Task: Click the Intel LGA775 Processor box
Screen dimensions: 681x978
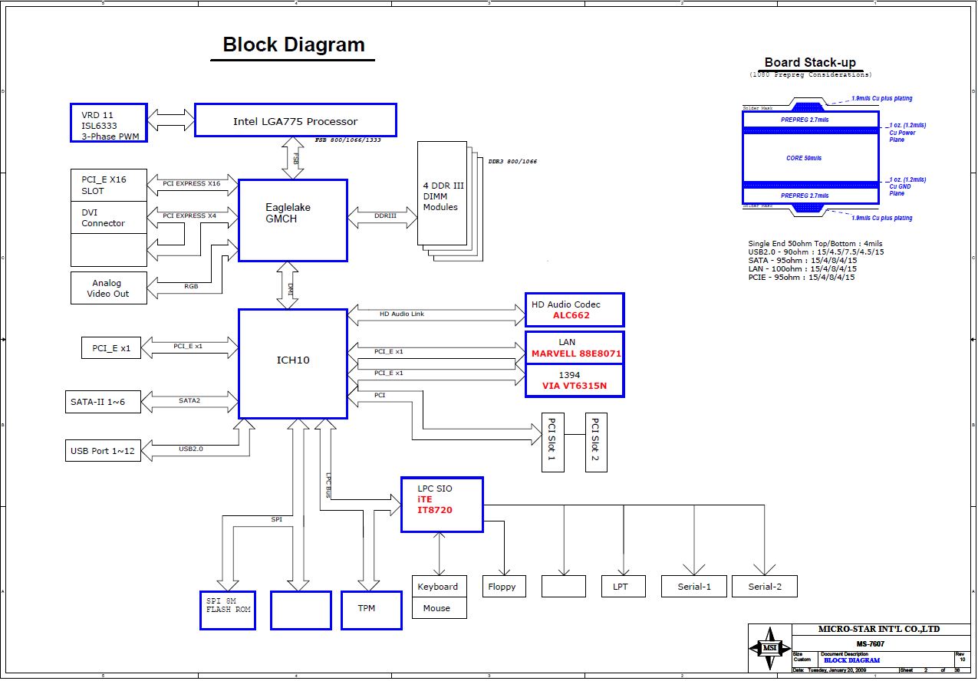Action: [295, 121]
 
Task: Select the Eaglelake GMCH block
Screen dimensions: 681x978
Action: [292, 220]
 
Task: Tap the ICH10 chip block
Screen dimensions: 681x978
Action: [292, 364]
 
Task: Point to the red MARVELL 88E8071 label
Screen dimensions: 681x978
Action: [576, 354]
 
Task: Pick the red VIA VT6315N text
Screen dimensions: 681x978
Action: [574, 386]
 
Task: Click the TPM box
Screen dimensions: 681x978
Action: [371, 610]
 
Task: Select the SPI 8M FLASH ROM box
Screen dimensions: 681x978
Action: [228, 610]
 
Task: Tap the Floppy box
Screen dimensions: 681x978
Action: [502, 587]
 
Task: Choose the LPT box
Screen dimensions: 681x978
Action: [620, 587]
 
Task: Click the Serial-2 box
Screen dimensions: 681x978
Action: [765, 587]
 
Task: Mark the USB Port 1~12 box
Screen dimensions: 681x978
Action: [103, 450]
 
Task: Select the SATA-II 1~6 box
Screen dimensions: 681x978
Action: [103, 401]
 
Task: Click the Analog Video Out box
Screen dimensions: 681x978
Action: [108, 288]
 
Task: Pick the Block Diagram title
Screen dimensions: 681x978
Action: [293, 44]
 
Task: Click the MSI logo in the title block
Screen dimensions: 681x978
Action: [769, 648]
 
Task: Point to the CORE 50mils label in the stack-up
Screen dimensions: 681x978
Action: [804, 158]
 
